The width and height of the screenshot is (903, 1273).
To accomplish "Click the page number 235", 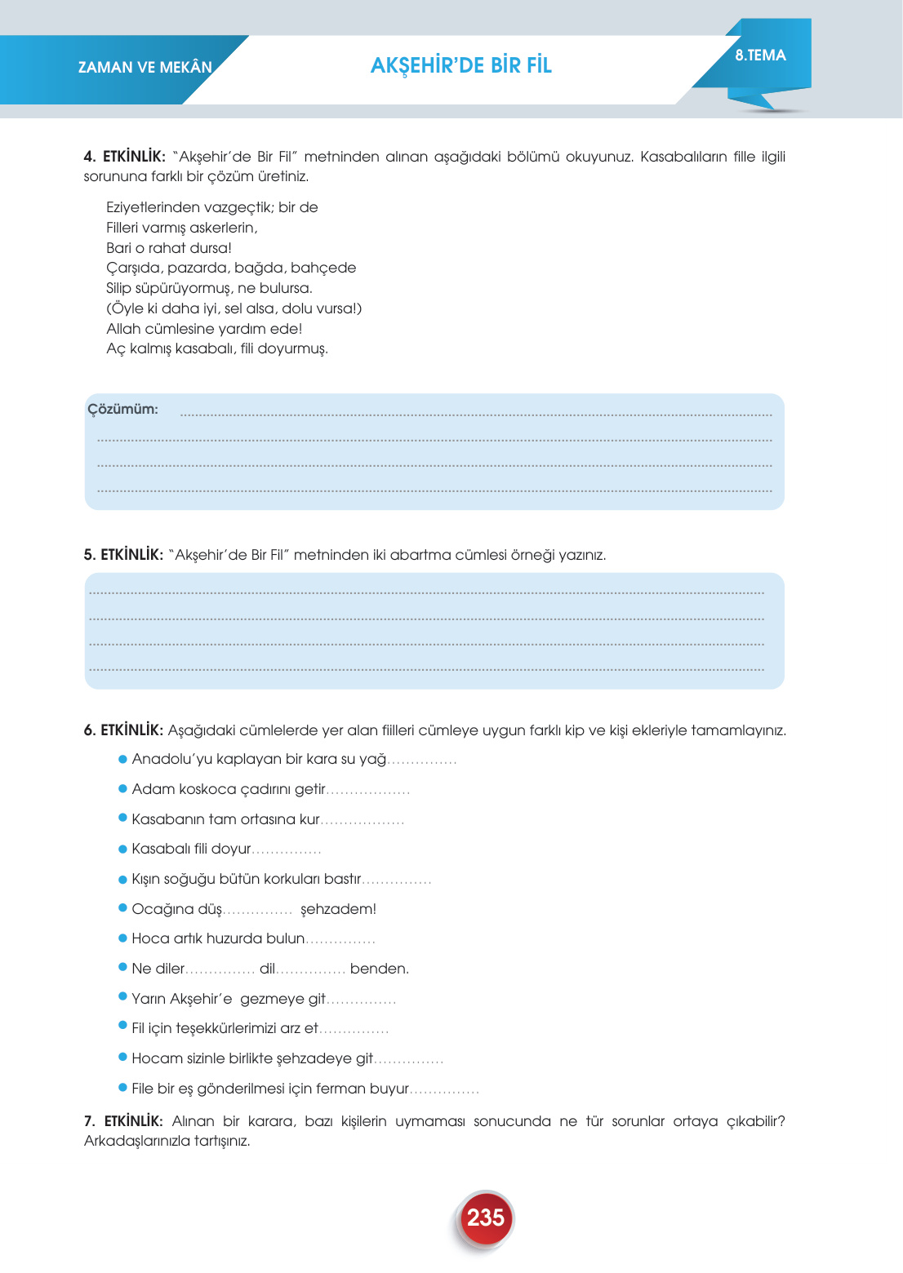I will click(x=485, y=1218).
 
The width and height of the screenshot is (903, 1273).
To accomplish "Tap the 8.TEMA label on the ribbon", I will click(x=760, y=55).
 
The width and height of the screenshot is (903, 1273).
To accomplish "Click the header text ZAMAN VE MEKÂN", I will click(x=145, y=68).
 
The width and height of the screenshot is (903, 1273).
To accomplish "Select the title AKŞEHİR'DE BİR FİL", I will click(x=461, y=66).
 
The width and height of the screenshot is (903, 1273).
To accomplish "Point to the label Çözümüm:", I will click(x=123, y=410).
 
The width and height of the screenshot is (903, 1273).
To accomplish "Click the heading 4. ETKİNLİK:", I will click(x=125, y=157).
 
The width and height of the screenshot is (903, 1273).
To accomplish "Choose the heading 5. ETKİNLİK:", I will click(x=123, y=555).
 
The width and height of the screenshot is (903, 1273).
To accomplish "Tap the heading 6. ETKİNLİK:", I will click(x=123, y=730).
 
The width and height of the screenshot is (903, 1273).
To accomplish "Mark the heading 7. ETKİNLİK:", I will click(x=123, y=1121).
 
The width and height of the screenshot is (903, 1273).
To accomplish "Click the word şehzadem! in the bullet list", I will click(x=338, y=909).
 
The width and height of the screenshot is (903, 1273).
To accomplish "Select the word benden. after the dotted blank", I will click(x=380, y=969).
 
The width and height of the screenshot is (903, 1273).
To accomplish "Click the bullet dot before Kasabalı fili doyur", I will click(x=123, y=849).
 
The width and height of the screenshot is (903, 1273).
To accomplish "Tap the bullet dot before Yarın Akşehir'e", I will click(x=123, y=997).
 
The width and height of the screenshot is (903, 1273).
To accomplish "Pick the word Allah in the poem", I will click(x=123, y=329).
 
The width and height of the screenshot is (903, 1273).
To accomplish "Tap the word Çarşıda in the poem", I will click(x=135, y=268).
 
